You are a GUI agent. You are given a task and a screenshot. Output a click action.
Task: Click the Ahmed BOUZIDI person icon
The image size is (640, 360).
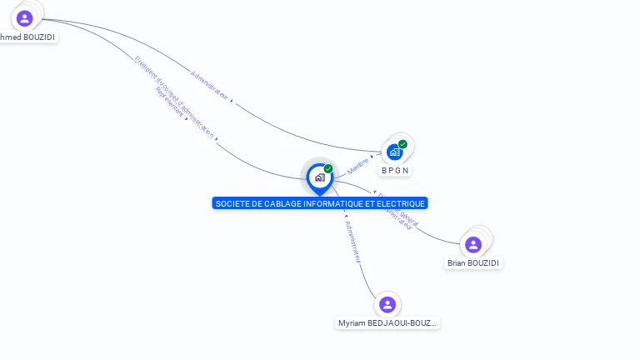(x=24, y=18)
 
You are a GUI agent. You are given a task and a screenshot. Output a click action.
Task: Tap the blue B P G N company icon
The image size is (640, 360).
(x=395, y=152)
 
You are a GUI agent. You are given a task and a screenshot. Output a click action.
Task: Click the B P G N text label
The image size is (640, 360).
(x=396, y=171)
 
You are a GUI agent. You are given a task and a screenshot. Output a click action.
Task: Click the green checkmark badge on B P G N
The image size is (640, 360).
(x=402, y=144)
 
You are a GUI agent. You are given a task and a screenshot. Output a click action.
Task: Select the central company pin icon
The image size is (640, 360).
(x=319, y=177)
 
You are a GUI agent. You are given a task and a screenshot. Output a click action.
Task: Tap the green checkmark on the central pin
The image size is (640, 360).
(x=328, y=169)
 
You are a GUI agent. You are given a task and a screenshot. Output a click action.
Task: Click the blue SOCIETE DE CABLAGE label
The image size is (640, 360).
(x=319, y=203)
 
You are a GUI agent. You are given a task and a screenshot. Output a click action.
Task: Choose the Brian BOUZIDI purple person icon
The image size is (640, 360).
(x=473, y=244)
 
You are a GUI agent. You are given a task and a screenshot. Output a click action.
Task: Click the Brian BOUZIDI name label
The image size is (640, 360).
(x=473, y=263)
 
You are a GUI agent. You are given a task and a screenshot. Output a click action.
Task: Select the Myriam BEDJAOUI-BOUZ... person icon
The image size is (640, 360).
(x=387, y=305)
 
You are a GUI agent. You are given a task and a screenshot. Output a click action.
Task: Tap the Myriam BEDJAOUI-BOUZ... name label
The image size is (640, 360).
(x=387, y=323)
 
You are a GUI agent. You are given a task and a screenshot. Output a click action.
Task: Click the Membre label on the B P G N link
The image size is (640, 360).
(x=357, y=165)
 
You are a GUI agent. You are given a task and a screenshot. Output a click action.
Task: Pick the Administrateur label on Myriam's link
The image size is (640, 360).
(x=352, y=242)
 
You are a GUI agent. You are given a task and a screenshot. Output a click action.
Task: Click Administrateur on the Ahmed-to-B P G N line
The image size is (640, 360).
(x=209, y=85)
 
